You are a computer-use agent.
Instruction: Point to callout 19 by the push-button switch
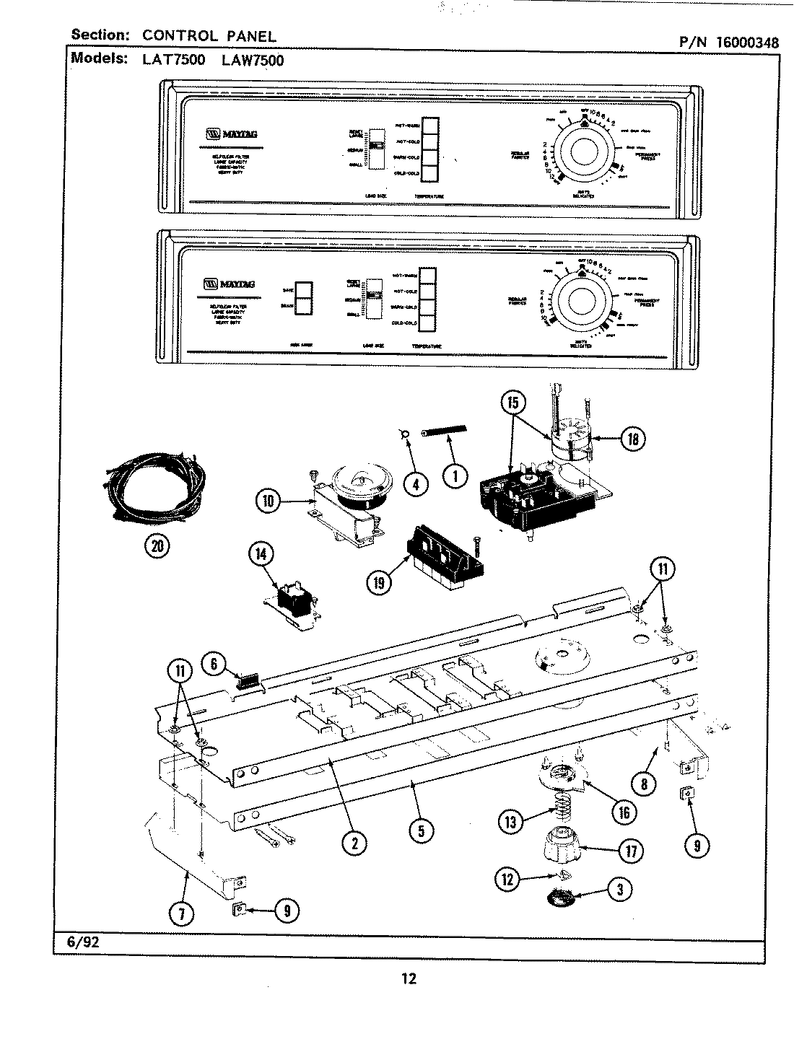(379, 582)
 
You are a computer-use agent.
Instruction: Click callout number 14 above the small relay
(261, 554)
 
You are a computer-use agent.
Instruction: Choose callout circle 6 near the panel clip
(213, 663)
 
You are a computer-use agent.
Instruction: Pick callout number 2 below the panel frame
(354, 841)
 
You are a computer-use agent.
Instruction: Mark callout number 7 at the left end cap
(181, 914)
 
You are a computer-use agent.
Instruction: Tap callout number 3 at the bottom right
(619, 888)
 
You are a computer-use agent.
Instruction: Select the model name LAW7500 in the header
(251, 61)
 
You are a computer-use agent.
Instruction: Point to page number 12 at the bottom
(409, 978)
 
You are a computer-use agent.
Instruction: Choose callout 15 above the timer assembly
(512, 402)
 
